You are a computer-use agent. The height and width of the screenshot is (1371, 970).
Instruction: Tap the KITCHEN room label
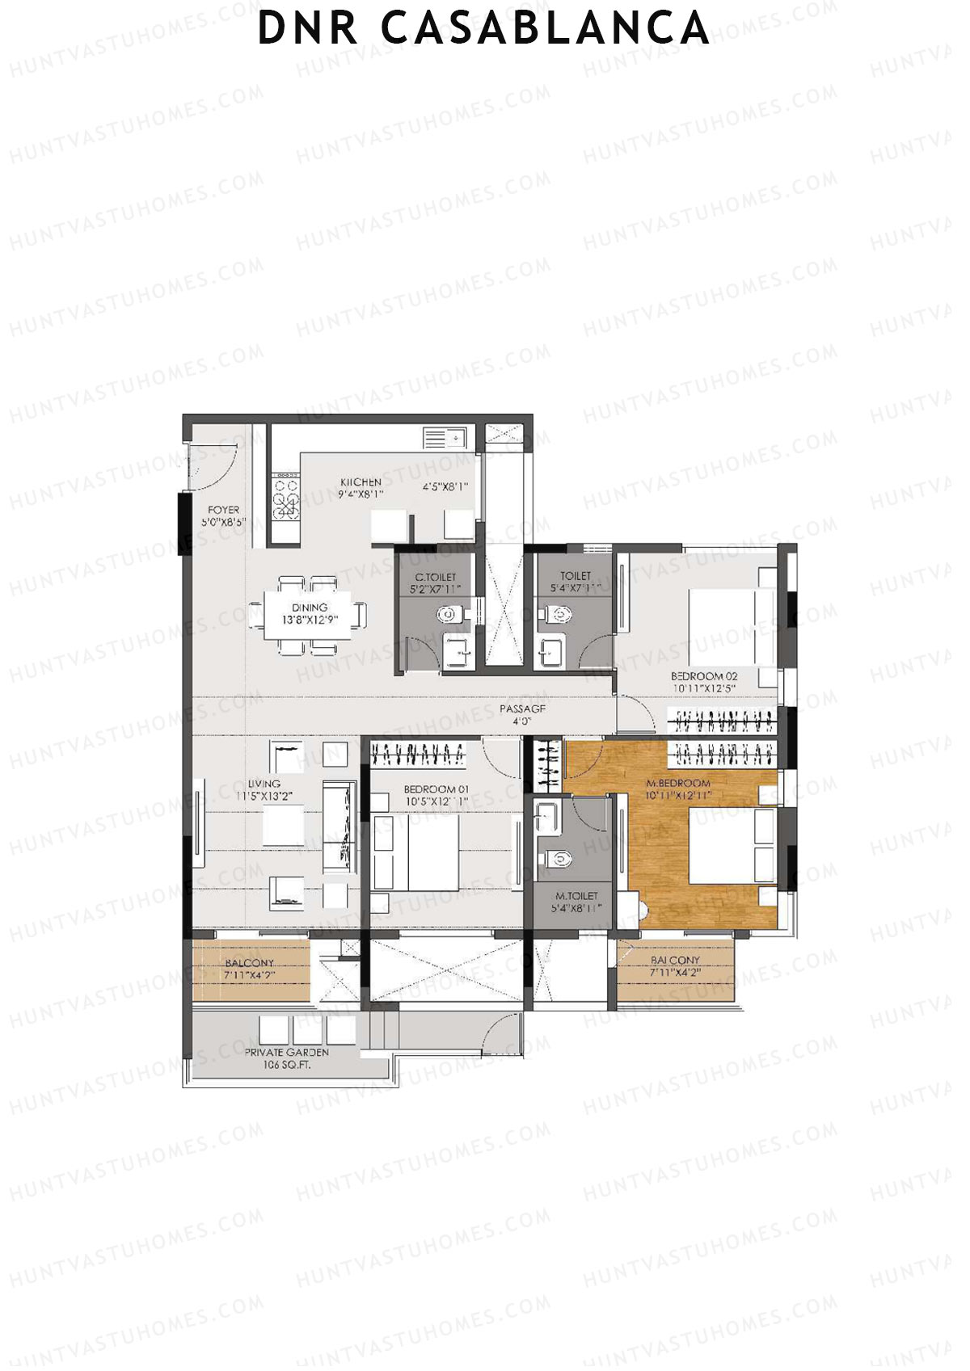(x=361, y=482)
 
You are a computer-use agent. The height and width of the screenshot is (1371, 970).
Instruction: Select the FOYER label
(x=223, y=510)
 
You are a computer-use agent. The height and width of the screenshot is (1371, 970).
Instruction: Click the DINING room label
(x=310, y=608)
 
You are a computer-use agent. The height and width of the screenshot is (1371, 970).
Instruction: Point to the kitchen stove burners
(x=285, y=498)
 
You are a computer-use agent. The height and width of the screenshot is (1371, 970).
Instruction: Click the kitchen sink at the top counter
(x=445, y=438)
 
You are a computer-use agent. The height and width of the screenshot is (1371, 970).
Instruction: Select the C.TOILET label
(x=435, y=577)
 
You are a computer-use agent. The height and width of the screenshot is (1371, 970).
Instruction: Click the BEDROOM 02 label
(x=704, y=676)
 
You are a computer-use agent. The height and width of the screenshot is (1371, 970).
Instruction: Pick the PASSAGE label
(x=522, y=709)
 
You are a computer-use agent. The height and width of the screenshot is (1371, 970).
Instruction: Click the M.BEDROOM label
(x=678, y=783)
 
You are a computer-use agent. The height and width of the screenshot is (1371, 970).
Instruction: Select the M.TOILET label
(x=576, y=896)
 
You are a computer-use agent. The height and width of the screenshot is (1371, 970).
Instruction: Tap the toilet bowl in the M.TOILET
(x=559, y=860)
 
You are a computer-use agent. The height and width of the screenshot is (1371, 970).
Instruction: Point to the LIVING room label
(x=264, y=784)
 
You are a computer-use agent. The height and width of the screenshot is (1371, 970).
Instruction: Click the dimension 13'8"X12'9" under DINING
(x=310, y=620)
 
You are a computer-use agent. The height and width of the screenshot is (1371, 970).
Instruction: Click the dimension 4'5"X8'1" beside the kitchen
(x=445, y=487)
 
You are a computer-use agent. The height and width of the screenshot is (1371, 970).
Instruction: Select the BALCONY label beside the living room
(x=250, y=963)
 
